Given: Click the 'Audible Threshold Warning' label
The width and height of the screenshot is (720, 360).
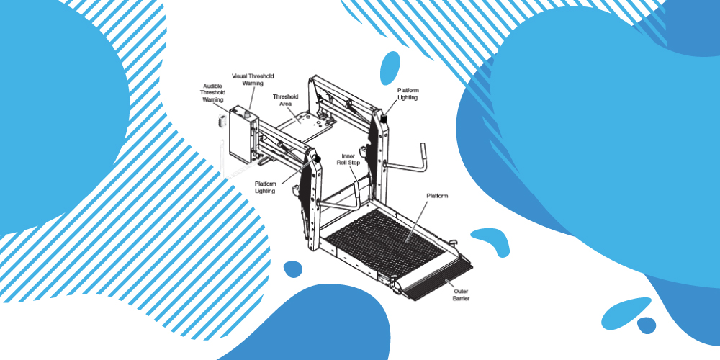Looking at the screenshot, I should (212, 93).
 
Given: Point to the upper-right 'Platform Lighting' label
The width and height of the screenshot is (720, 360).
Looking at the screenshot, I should (408, 94).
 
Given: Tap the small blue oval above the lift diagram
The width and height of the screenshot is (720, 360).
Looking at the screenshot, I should (390, 66).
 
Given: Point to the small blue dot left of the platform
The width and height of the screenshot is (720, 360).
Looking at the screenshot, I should (293, 269).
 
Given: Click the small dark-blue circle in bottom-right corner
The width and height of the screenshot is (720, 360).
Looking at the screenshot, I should (647, 325).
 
